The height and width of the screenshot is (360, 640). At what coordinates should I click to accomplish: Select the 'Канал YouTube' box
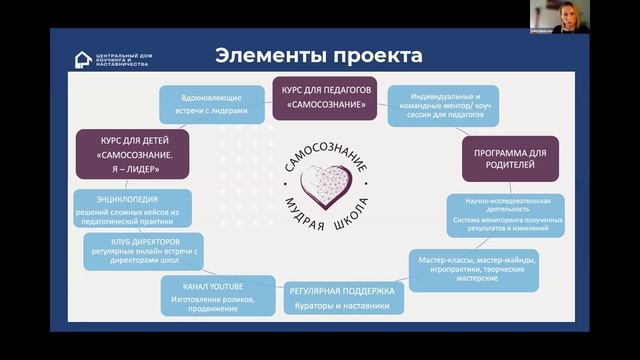coord(212,296)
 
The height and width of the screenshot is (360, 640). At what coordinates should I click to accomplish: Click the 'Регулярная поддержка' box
coord(343,297)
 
